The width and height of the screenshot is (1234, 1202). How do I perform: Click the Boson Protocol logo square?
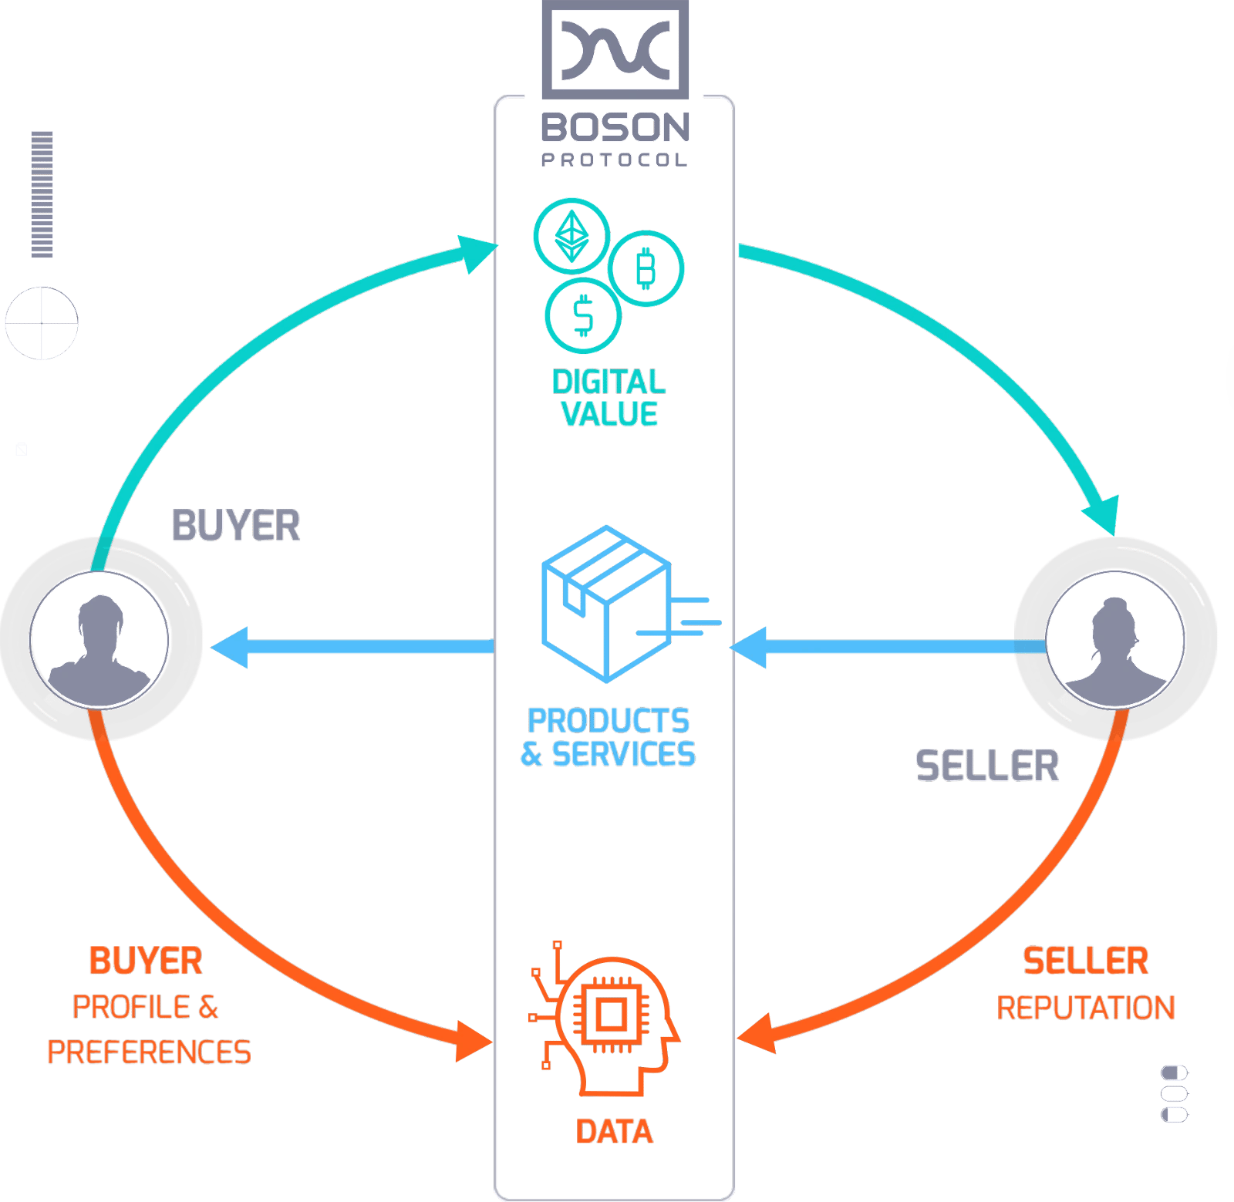[x=615, y=49]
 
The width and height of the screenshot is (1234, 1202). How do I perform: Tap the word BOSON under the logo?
[x=615, y=128]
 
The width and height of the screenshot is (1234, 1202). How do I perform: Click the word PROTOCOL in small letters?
[x=615, y=160]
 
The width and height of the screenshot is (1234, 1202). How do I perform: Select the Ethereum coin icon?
[x=571, y=235]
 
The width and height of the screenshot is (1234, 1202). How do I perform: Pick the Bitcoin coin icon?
[x=646, y=268]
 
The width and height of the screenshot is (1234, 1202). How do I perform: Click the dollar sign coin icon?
[x=583, y=315]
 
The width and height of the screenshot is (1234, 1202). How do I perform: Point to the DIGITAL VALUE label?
[x=609, y=398]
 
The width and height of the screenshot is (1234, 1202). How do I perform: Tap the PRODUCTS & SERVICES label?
[x=609, y=737]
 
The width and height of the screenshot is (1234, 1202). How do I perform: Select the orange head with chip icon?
[x=604, y=1019]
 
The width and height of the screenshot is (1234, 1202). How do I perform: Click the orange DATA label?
[x=615, y=1131]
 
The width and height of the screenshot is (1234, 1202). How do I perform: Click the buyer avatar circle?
[x=99, y=639]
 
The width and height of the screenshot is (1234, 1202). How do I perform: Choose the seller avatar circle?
[x=1115, y=639]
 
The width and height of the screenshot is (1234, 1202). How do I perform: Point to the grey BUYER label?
[x=236, y=525]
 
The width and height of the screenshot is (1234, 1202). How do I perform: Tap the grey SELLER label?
[x=987, y=766]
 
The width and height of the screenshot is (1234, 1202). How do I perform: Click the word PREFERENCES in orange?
[x=149, y=1052]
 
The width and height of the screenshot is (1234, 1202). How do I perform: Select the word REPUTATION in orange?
[x=1086, y=1008]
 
